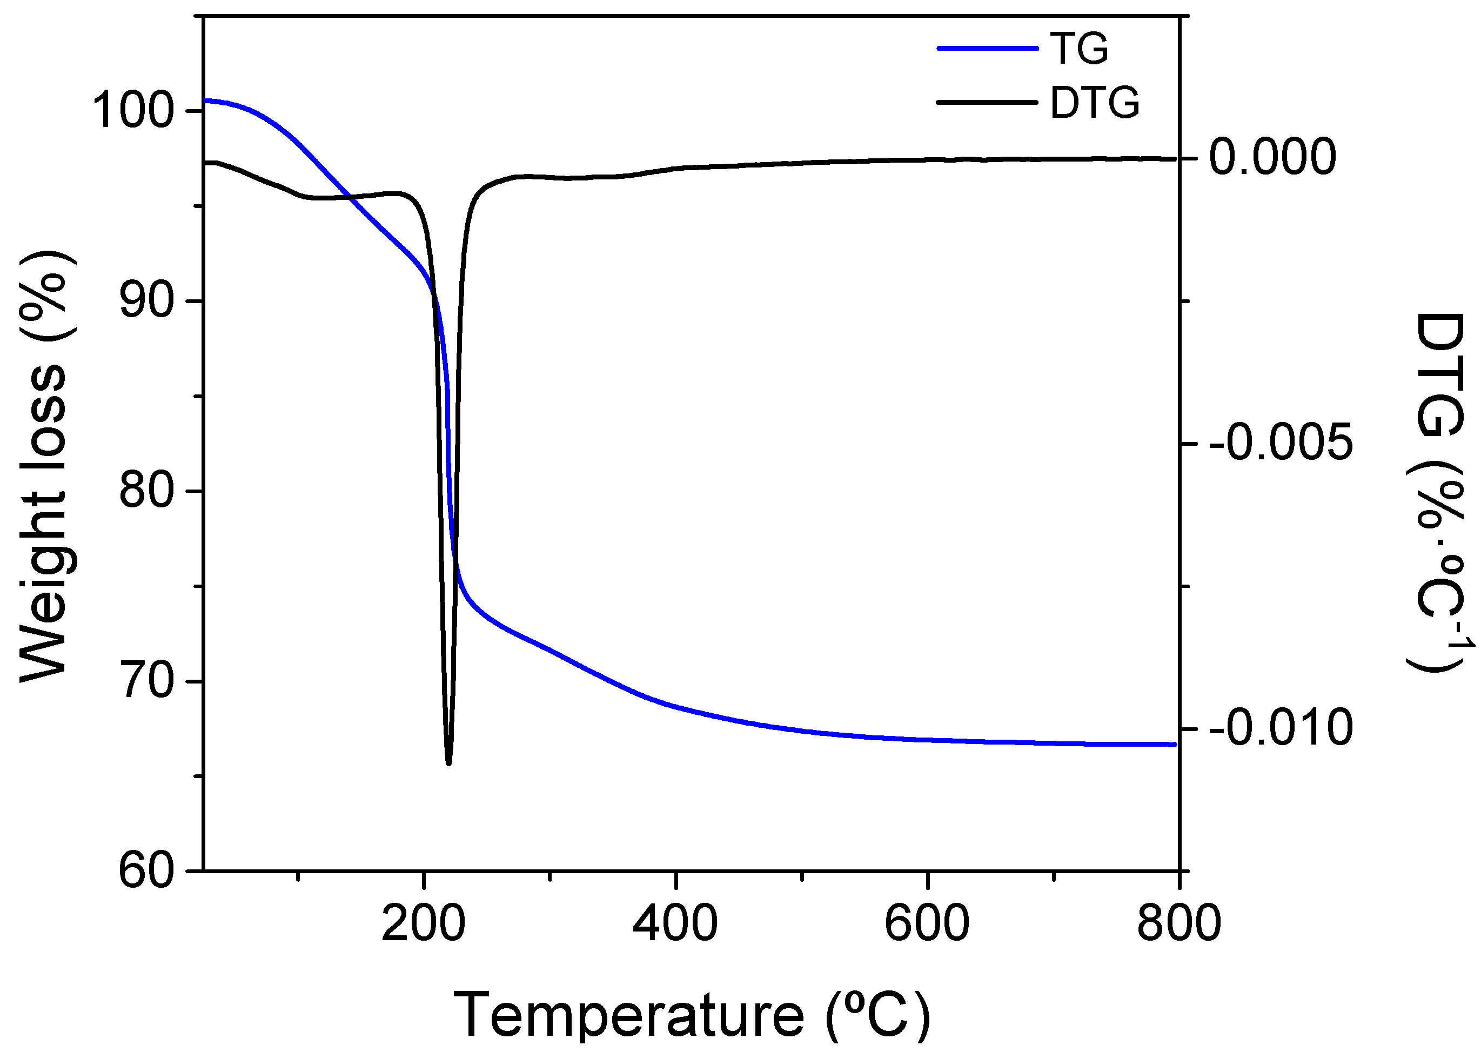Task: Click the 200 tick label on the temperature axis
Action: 423,923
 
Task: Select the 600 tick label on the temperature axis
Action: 927,923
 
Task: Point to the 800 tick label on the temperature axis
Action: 1179,923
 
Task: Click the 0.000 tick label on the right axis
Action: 1273,157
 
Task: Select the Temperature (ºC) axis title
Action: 692,1014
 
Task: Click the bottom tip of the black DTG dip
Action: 448,763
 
